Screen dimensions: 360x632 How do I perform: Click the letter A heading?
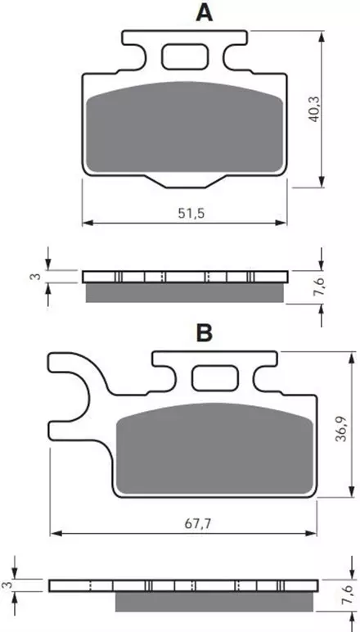pyautogui.click(x=205, y=13)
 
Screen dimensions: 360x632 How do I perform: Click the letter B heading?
pyautogui.click(x=205, y=333)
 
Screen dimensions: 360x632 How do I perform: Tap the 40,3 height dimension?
pyautogui.click(x=314, y=109)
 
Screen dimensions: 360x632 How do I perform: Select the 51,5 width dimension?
pyautogui.click(x=191, y=213)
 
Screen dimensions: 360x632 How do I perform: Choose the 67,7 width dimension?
pyautogui.click(x=198, y=524)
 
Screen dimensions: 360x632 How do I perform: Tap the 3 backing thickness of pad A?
pyautogui.click(x=37, y=277)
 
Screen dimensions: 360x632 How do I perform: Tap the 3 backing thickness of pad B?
pyautogui.click(x=4, y=585)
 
